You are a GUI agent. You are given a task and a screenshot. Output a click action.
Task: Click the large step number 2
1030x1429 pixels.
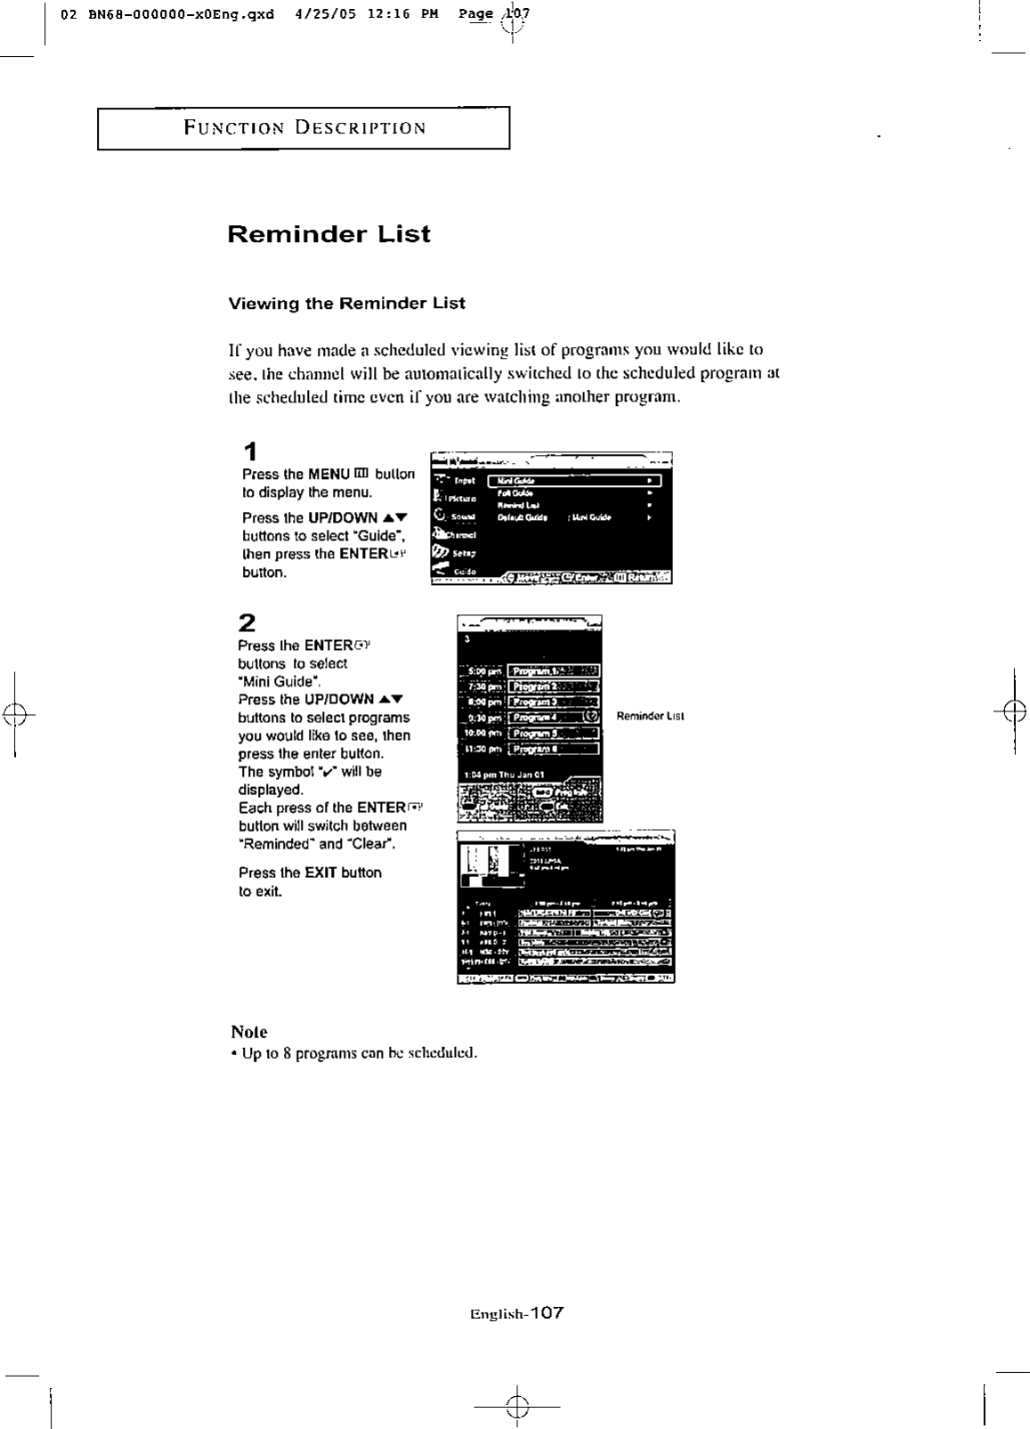(248, 621)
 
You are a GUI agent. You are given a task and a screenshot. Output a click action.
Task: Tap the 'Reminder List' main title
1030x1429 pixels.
(328, 234)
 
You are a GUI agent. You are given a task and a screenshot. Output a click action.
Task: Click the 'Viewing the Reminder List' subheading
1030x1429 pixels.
(346, 303)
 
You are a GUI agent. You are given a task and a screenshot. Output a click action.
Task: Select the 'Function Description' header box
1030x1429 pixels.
(304, 128)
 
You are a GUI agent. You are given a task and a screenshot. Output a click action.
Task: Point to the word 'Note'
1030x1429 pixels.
(248, 1032)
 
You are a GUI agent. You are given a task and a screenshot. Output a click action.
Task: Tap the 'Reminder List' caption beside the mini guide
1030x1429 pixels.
(650, 716)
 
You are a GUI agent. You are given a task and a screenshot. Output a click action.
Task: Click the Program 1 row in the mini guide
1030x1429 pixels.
(553, 670)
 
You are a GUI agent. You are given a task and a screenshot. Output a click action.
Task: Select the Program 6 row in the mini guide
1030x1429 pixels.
(553, 749)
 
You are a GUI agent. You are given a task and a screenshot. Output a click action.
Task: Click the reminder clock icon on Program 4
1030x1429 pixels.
(591, 717)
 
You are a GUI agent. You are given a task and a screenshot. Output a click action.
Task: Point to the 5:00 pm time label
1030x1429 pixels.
(482, 670)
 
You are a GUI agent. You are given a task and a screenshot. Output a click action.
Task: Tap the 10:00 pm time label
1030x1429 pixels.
(482, 733)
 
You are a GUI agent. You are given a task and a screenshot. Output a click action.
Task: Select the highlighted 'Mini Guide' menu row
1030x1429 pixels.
(575, 481)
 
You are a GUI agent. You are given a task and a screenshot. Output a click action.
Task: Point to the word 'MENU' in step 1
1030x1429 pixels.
(328, 475)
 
